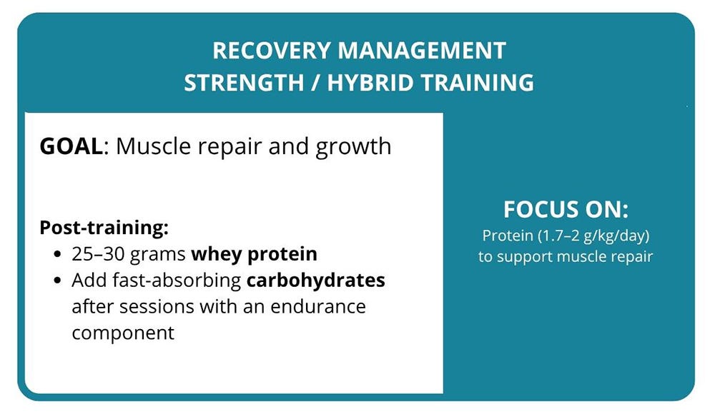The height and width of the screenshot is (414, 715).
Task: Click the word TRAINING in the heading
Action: (x=477, y=82)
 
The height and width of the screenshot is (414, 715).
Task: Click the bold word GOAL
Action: (x=71, y=146)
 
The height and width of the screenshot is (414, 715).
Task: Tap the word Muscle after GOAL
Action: (x=152, y=146)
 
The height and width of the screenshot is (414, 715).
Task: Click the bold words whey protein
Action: (x=254, y=255)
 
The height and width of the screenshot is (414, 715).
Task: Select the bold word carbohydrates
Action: (x=315, y=281)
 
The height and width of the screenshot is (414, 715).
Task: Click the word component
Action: (x=123, y=333)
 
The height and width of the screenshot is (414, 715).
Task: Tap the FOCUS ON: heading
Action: (x=565, y=210)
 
